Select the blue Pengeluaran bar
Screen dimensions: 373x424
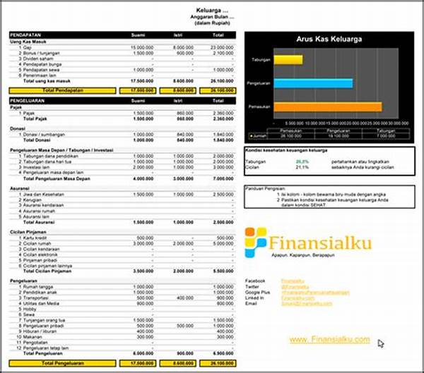click(x=312, y=84)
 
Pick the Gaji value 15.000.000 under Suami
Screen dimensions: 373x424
click(x=141, y=47)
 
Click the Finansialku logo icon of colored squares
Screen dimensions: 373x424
click(x=256, y=241)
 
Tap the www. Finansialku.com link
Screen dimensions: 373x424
click(x=329, y=340)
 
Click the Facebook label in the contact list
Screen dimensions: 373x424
click(x=257, y=280)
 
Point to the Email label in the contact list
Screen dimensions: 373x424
click(x=252, y=302)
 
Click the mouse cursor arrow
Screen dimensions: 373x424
click(x=381, y=343)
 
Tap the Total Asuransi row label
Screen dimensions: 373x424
click(x=53, y=221)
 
